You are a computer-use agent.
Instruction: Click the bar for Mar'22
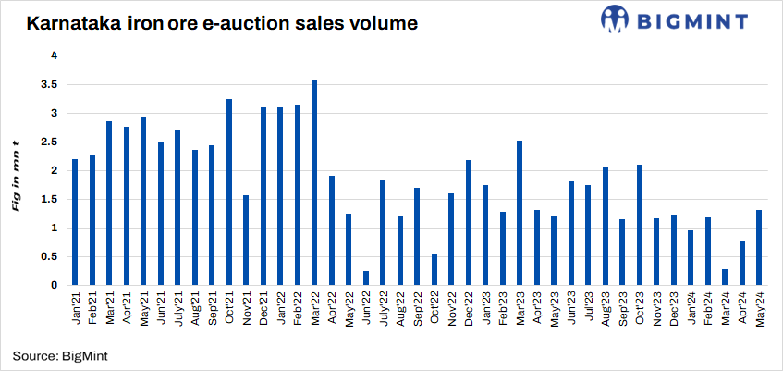tap(314, 183)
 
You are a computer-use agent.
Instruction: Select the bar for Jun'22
tap(365, 278)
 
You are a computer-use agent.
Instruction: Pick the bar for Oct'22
tap(434, 269)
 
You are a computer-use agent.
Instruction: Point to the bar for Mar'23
tap(519, 213)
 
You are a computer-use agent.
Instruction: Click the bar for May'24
tap(758, 247)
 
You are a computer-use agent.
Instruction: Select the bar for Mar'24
tap(724, 277)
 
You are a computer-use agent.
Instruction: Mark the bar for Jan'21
tap(75, 222)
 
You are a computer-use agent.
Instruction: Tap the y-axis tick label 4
tap(55, 56)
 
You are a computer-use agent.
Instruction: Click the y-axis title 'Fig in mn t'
tap(16, 170)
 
